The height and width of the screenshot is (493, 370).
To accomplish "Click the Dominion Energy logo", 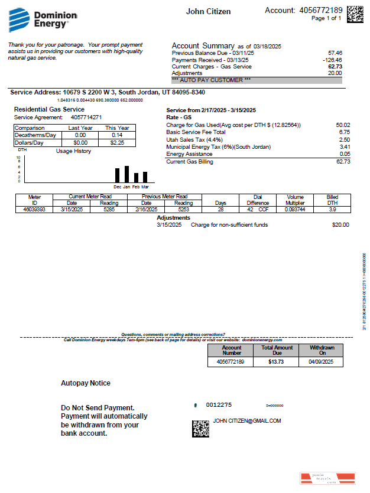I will (x=38, y=20).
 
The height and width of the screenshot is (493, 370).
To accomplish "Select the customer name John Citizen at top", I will (x=208, y=12).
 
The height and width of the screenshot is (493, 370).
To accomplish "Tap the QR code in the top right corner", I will (x=355, y=14).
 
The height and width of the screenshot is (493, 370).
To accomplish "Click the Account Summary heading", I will (x=203, y=46).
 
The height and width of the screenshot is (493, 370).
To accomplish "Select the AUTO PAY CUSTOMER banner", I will (x=257, y=80).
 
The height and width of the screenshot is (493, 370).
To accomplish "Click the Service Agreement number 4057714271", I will (x=82, y=117).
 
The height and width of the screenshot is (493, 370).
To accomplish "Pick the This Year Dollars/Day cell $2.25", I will (x=117, y=142).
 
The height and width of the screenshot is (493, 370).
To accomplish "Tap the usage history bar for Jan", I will (x=126, y=174).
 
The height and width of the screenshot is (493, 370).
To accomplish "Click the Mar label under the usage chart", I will (x=145, y=187).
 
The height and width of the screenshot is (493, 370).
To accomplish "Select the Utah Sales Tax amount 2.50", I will (x=343, y=139).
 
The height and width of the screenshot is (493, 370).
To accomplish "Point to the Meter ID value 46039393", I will (x=34, y=209).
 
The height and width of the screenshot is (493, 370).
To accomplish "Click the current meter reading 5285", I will (x=108, y=209).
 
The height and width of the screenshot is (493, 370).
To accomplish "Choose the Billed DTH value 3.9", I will (x=332, y=209).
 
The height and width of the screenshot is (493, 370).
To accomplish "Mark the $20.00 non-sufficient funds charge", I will (x=340, y=225).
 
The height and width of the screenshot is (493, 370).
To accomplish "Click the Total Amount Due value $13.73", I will (x=276, y=361).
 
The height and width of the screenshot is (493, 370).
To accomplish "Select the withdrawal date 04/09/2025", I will (x=322, y=361).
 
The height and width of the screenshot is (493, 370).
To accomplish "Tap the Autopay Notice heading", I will (x=86, y=383).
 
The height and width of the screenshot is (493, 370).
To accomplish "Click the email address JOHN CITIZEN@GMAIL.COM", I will (x=246, y=421).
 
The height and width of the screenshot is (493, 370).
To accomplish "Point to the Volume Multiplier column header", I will (x=296, y=200).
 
